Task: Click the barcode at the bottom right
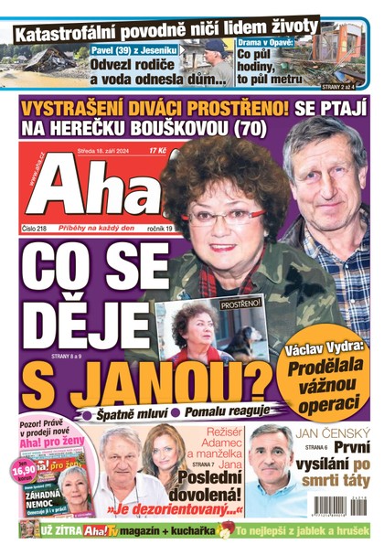coord(340,504)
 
